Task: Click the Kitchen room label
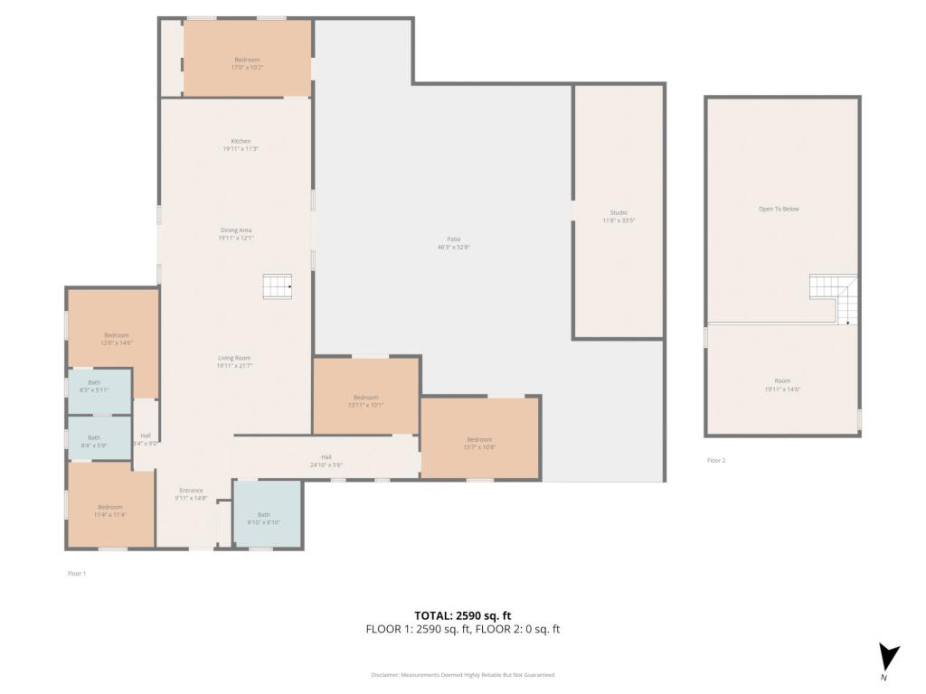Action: click(241, 141)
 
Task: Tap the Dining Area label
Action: click(235, 230)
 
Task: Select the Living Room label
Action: click(234, 358)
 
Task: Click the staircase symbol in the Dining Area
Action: click(278, 286)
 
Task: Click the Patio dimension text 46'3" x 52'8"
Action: click(453, 247)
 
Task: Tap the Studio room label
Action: click(619, 212)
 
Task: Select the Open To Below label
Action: click(779, 209)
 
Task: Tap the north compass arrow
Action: click(889, 657)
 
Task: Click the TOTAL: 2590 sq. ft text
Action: click(462, 614)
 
